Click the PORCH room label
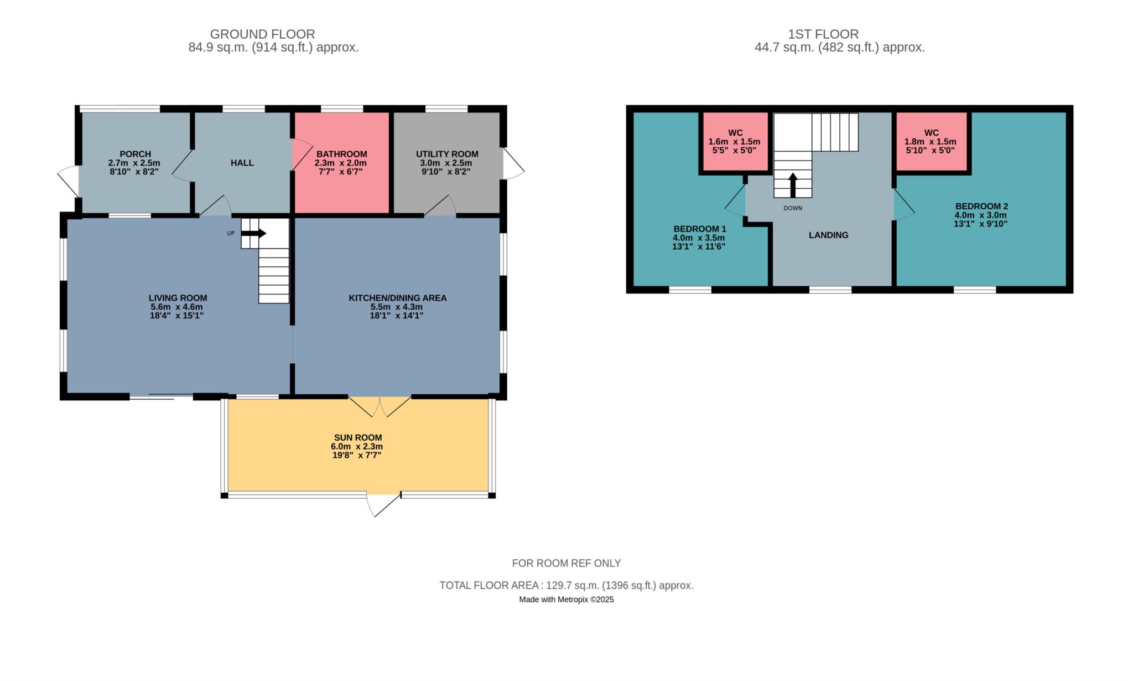135,154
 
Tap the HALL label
242,163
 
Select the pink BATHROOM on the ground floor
341,163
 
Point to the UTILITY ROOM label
447,154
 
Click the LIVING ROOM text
178,298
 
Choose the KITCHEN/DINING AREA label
397,298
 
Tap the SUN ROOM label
358,437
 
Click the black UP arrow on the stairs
253,234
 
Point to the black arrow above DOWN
793,185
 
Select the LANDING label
828,235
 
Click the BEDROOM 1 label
700,229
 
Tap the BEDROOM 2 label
981,207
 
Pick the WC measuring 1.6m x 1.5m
735,141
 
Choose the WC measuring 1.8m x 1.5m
931,141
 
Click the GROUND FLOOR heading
262,34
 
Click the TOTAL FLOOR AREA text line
566,585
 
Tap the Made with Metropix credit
566,599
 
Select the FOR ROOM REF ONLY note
566,563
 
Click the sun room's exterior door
383,503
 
